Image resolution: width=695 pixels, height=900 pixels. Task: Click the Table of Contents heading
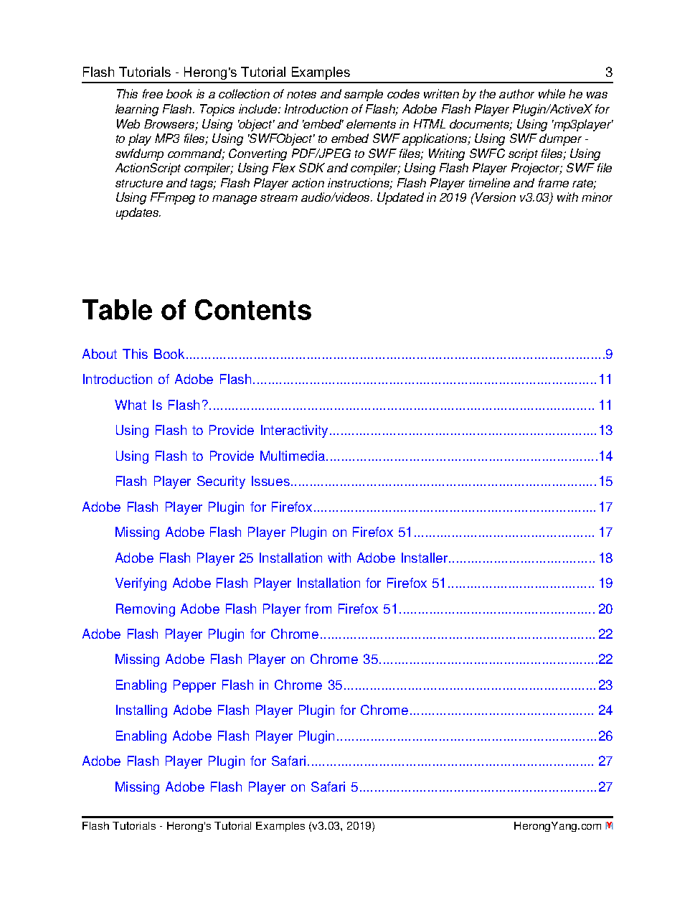(x=197, y=310)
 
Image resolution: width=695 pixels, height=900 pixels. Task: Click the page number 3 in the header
(x=609, y=72)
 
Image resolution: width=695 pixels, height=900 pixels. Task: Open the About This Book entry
(x=133, y=355)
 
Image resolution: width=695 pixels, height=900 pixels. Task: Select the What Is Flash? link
(x=161, y=406)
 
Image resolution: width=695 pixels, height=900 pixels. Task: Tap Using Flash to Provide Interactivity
(x=221, y=431)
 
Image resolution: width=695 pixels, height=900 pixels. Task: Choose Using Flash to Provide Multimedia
(x=219, y=456)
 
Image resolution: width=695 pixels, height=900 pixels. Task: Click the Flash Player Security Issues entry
(x=202, y=482)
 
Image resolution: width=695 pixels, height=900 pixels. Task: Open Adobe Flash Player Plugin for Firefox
(x=197, y=507)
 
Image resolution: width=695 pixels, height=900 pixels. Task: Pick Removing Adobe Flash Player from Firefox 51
(x=256, y=609)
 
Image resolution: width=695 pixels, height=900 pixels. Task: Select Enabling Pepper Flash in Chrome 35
(x=229, y=685)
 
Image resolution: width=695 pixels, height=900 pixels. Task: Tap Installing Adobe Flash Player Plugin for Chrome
(x=261, y=711)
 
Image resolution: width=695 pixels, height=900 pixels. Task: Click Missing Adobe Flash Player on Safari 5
(x=237, y=787)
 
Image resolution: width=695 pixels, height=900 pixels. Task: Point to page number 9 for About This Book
(x=609, y=355)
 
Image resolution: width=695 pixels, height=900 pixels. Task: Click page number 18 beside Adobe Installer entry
(x=605, y=558)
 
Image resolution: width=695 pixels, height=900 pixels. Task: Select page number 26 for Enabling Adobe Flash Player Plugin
(x=605, y=736)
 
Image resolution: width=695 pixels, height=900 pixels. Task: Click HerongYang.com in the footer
(x=557, y=826)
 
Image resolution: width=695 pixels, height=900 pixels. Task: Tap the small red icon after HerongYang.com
(x=609, y=826)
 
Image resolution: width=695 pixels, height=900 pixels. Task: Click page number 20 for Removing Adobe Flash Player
(x=605, y=609)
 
